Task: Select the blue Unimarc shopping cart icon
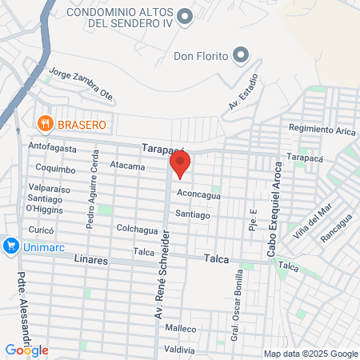point(10,246)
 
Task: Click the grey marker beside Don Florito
point(240,55)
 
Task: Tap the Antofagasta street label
point(53,147)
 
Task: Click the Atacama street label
point(127,166)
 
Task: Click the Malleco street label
point(180,328)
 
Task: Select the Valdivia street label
point(180,350)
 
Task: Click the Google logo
point(26,350)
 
